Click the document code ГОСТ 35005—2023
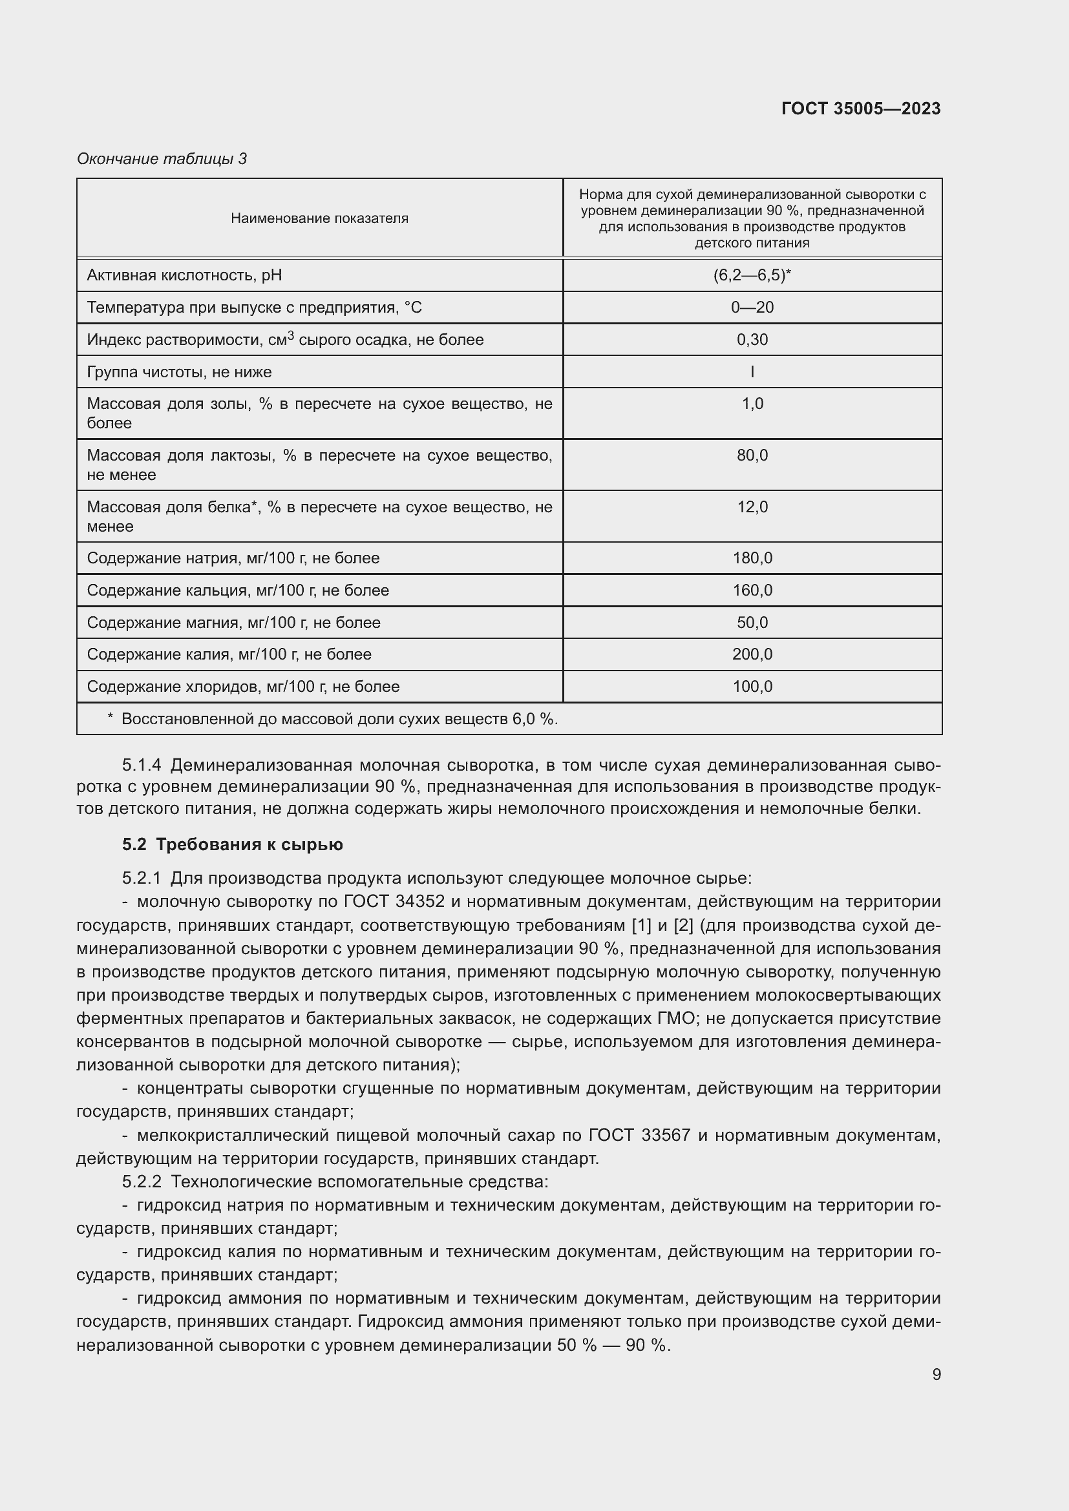[860, 109]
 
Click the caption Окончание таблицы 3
[162, 159]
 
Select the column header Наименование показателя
[319, 218]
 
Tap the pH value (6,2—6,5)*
[752, 275]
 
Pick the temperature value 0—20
[752, 307]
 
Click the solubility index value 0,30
[752, 340]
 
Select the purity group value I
[752, 372]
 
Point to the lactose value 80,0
[752, 455]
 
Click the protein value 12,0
[752, 506]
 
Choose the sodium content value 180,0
[752, 558]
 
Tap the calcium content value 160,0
[752, 590]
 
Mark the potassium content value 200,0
[752, 654]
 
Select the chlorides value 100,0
[752, 687]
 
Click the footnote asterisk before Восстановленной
[110, 717]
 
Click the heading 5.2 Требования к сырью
[233, 844]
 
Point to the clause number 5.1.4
[142, 766]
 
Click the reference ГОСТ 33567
[639, 1135]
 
